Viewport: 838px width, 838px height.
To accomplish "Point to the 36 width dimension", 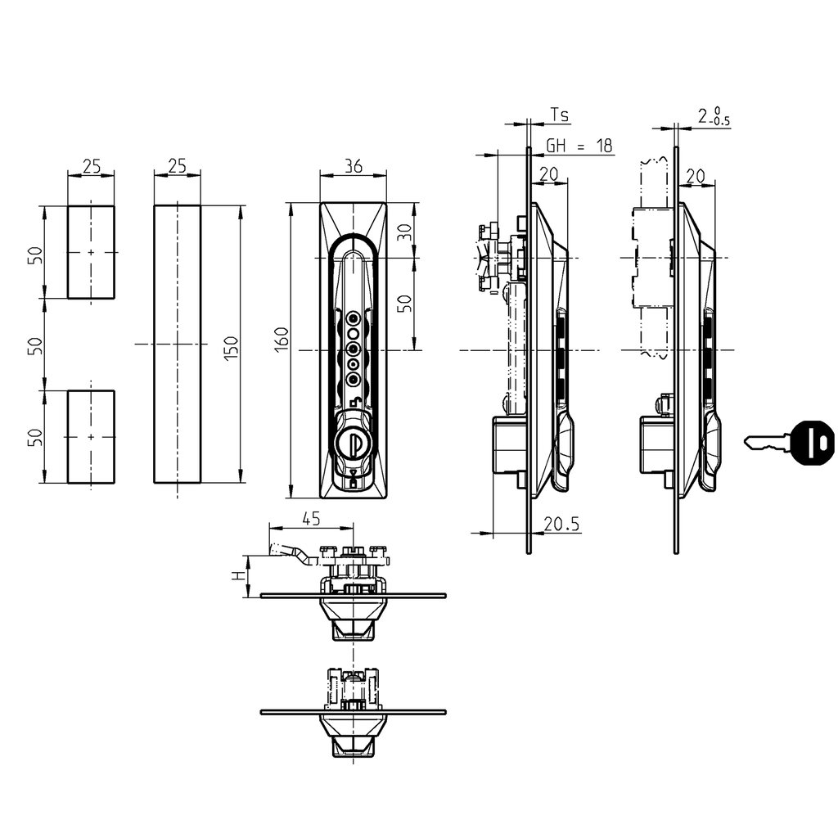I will tap(354, 165).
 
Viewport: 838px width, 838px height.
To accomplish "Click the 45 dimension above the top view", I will tap(310, 518).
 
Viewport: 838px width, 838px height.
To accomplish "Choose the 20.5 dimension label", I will tap(562, 525).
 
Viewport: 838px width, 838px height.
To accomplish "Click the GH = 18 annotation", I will tap(579, 146).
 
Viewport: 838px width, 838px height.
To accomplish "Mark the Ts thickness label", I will tap(559, 115).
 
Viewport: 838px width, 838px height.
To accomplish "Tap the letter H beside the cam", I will tap(238, 575).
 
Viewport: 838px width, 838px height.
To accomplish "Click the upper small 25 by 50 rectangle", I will tap(91, 252).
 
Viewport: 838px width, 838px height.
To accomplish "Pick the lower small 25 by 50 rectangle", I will tap(91, 437).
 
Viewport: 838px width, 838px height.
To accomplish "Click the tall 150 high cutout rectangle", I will tap(178, 344).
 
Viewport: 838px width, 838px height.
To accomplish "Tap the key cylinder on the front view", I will tap(353, 444).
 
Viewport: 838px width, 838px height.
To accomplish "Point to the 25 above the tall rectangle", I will tap(178, 165).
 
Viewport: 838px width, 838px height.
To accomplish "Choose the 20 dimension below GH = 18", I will tap(549, 173).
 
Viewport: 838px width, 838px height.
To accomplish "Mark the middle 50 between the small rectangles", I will tap(34, 345).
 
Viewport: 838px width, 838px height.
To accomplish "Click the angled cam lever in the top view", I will tap(291, 553).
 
